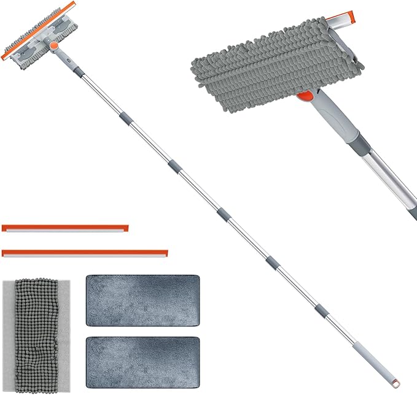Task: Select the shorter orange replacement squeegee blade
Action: tap(65, 228)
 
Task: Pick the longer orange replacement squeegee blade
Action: tap(85, 252)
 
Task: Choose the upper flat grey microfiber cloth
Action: tap(142, 300)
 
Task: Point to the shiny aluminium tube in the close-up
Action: tap(393, 181)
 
